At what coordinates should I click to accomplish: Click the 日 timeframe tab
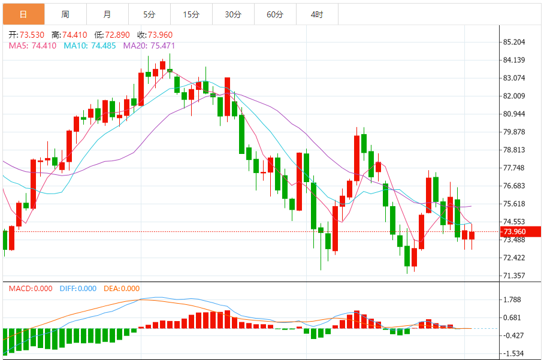(x=23, y=14)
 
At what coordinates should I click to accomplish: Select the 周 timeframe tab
(x=65, y=14)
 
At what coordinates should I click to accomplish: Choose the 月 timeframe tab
(x=107, y=14)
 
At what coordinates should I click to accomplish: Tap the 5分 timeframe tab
(x=149, y=14)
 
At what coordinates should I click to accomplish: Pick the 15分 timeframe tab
(x=191, y=14)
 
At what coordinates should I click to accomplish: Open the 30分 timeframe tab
(x=233, y=14)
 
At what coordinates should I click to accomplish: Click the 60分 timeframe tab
(x=275, y=14)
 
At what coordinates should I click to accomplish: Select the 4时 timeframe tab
(x=317, y=14)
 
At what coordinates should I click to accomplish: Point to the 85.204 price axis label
(x=515, y=42)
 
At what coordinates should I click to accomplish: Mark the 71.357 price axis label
(x=515, y=276)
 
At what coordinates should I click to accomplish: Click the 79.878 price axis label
(x=515, y=132)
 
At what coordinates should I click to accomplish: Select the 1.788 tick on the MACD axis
(x=513, y=300)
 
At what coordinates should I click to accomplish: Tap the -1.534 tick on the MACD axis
(x=513, y=353)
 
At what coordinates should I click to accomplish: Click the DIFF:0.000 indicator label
(x=78, y=289)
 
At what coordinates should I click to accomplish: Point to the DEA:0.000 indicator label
(x=122, y=289)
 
